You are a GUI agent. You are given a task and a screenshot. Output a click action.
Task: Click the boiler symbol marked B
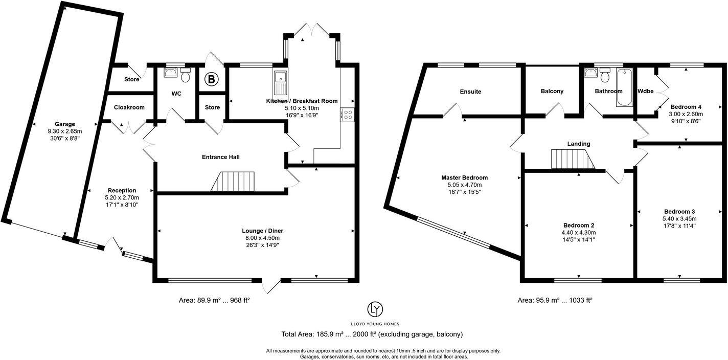(211, 79)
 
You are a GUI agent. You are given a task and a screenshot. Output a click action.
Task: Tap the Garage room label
(65, 124)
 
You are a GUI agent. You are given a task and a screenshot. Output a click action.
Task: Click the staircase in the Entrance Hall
(233, 182)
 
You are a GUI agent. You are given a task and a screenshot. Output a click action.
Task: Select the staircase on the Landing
(573, 159)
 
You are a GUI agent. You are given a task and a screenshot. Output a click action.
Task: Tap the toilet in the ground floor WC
(185, 75)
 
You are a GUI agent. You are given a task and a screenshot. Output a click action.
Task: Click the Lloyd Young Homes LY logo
(375, 309)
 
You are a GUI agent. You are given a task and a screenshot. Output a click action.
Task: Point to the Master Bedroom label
(464, 177)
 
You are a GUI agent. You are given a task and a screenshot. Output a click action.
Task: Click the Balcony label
(552, 92)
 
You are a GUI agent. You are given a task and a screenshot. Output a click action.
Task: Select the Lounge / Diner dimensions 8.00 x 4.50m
(262, 238)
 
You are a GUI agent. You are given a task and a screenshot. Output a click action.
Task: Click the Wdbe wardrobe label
(645, 92)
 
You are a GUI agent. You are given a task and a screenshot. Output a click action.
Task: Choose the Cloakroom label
(129, 107)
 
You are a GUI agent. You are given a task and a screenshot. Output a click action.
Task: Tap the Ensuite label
(470, 92)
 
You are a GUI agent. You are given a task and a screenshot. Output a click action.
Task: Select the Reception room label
(122, 190)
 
